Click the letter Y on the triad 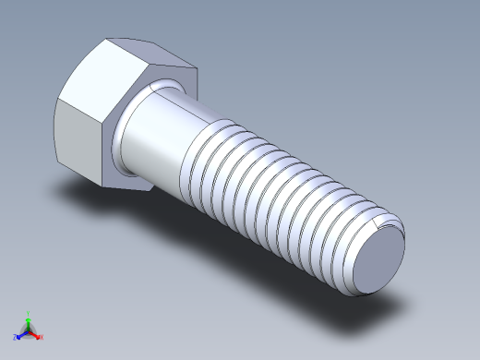tap(29, 312)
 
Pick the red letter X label tap(42, 337)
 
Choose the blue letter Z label tap(15, 337)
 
